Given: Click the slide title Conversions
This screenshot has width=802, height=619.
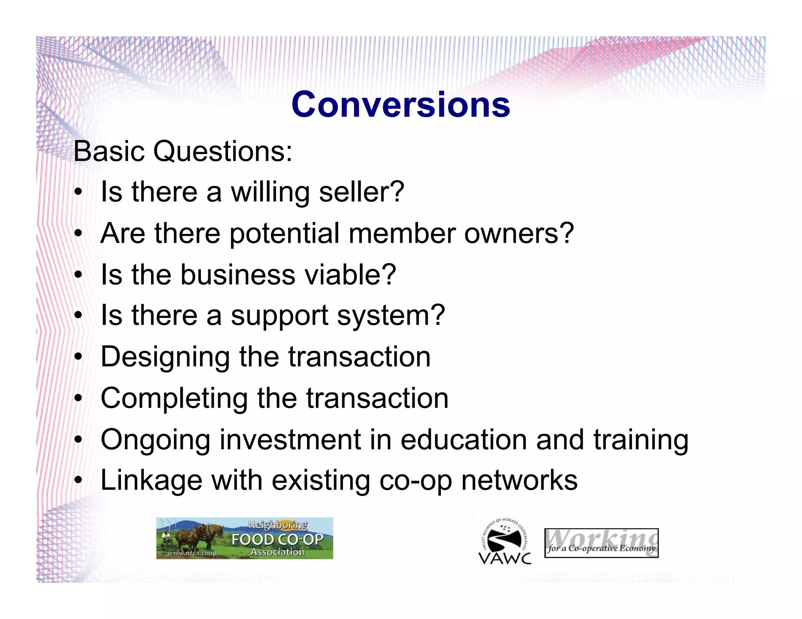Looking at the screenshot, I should tap(401, 104).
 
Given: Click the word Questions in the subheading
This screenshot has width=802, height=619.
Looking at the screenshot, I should tap(222, 151).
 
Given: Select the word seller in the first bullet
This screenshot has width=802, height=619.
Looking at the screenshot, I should tap(361, 192).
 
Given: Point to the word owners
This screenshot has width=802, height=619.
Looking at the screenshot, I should tap(518, 234).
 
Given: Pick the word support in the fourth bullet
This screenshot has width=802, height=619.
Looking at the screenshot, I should tap(279, 316).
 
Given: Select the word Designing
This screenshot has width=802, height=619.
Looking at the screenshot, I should tap(165, 357).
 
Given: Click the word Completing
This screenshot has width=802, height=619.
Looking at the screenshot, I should tap(174, 399).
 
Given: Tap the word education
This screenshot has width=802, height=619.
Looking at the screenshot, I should tap(463, 440).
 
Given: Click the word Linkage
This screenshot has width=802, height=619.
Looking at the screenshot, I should tap(151, 481).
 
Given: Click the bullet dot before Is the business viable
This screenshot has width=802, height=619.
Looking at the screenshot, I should tap(79, 275).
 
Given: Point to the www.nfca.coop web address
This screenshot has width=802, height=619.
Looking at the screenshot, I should tap(191, 553).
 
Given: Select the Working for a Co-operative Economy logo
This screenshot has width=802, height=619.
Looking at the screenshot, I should tap(601, 543).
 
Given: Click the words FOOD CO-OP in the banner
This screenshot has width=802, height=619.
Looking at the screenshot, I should tap(277, 540).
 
